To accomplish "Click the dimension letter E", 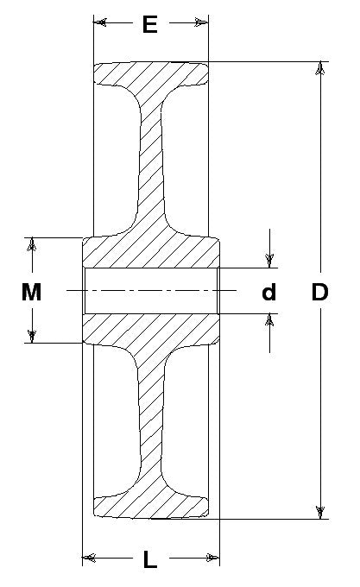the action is coord(149,25).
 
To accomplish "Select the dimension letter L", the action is coord(150,559).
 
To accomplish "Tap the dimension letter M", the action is coord(31,292).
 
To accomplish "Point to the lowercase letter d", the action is coord(268,292).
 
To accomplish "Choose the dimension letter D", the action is coord(319,292).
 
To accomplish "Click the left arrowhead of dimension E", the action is coord(100,22).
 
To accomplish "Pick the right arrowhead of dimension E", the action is coord(201,22).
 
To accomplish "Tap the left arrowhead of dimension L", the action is coord(89,559).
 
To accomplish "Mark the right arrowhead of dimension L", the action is coord(212,559).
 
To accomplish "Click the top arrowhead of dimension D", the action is coord(319,68).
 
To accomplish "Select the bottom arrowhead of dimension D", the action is coord(319,512).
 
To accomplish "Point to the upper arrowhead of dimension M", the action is coord(33,244).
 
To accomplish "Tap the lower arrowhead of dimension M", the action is coord(33,336).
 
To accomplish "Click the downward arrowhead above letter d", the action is coord(269,261).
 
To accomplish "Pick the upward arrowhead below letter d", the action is coord(269,320).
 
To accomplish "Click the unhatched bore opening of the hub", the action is coord(151,291).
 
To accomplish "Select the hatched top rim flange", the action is coord(151,75).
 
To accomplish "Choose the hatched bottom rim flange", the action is coord(151,506).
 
